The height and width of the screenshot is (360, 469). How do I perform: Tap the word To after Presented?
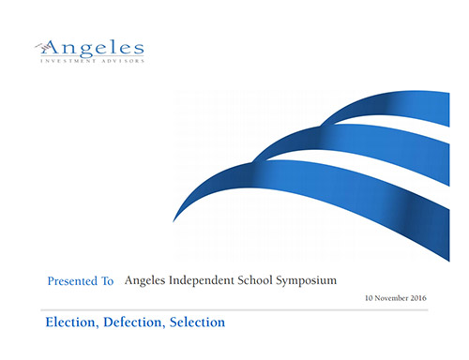[x=107, y=280]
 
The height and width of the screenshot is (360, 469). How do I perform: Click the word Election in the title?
[x=72, y=322]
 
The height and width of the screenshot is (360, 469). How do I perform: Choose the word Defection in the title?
[x=139, y=322]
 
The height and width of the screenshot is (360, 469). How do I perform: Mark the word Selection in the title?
[x=199, y=322]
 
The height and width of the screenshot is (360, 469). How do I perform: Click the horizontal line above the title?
[x=234, y=307]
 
